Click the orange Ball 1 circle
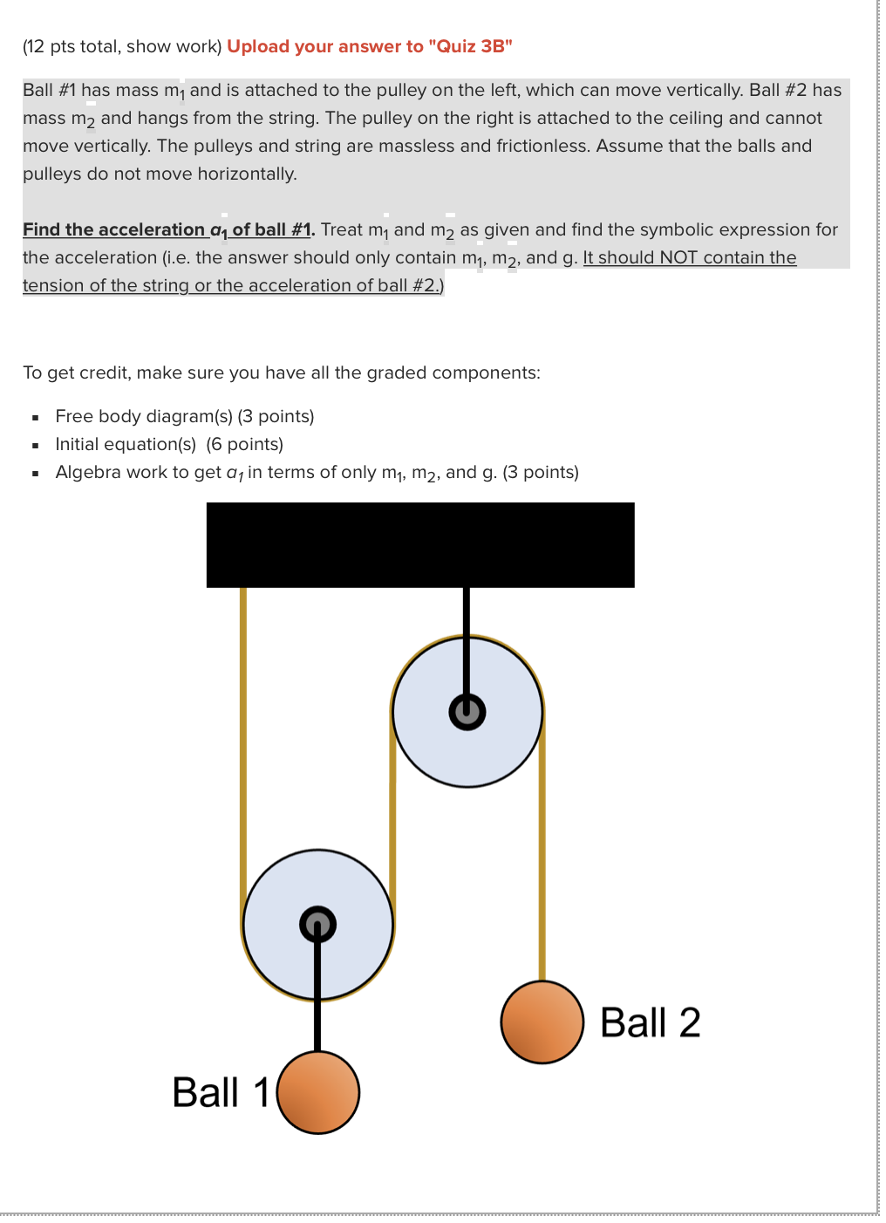tap(318, 1092)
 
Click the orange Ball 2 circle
tap(542, 1021)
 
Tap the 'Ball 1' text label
tap(220, 1092)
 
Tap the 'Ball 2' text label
tap(650, 1022)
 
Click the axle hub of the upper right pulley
tap(467, 712)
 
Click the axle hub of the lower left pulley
tap(317, 924)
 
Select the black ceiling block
tap(420, 544)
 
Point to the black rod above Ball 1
tap(317, 1003)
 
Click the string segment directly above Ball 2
tap(542, 872)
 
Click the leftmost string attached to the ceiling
tap(243, 741)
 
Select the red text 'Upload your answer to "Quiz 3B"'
tap(369, 46)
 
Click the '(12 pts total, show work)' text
tap(122, 46)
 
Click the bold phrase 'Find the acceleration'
tap(113, 229)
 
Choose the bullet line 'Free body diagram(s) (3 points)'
tap(184, 416)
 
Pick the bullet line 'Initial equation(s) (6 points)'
tap(169, 444)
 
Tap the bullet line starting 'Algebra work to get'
tap(317, 472)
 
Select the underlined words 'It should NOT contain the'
tap(689, 257)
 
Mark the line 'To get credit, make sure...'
tap(281, 372)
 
